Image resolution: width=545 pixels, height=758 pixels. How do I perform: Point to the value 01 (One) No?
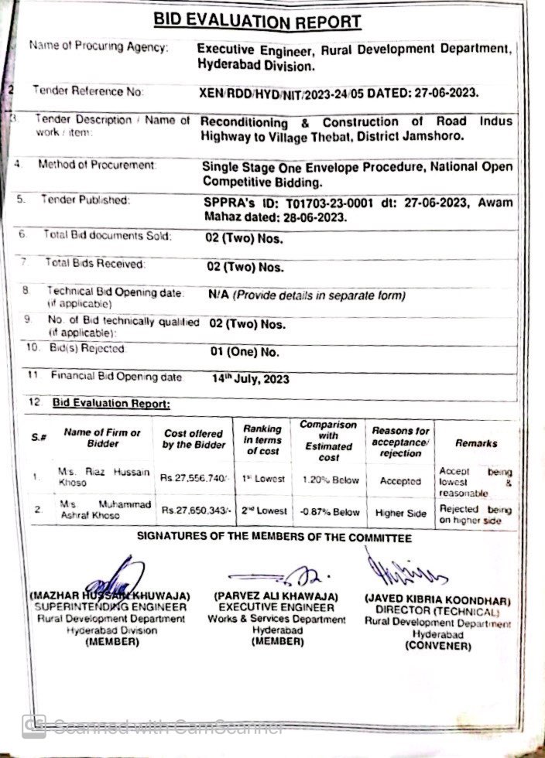point(244,350)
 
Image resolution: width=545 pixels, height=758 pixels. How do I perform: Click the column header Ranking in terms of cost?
point(262,439)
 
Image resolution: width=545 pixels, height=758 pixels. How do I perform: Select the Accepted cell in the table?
point(400,481)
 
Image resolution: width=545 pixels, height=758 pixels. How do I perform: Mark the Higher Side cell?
point(400,512)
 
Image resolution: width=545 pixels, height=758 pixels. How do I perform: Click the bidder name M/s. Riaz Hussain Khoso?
point(97,475)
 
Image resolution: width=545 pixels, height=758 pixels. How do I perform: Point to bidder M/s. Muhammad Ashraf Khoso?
point(97,510)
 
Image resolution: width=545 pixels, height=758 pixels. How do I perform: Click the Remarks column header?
point(476,443)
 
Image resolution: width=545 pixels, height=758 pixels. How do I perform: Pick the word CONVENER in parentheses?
point(437,646)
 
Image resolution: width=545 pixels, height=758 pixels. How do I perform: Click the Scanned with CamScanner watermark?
point(155,726)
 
